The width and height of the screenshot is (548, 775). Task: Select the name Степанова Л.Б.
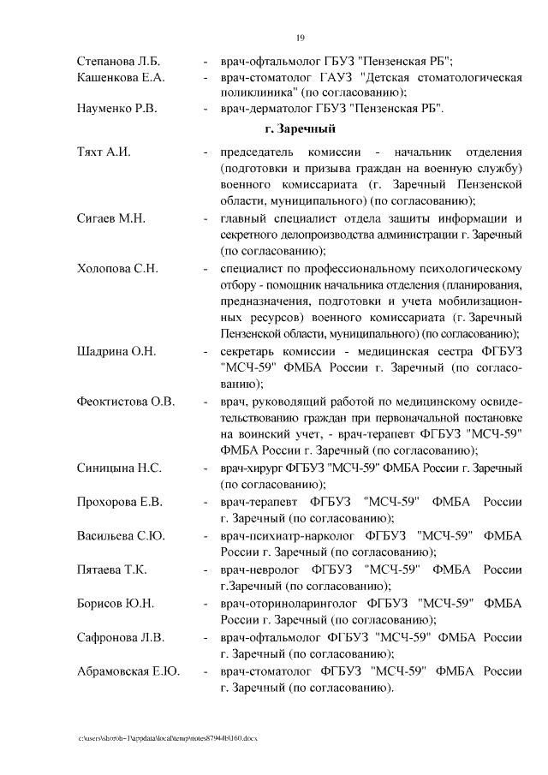click(x=118, y=62)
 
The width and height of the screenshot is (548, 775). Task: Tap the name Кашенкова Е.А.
click(x=121, y=78)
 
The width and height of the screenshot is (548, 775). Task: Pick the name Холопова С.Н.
click(x=117, y=268)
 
